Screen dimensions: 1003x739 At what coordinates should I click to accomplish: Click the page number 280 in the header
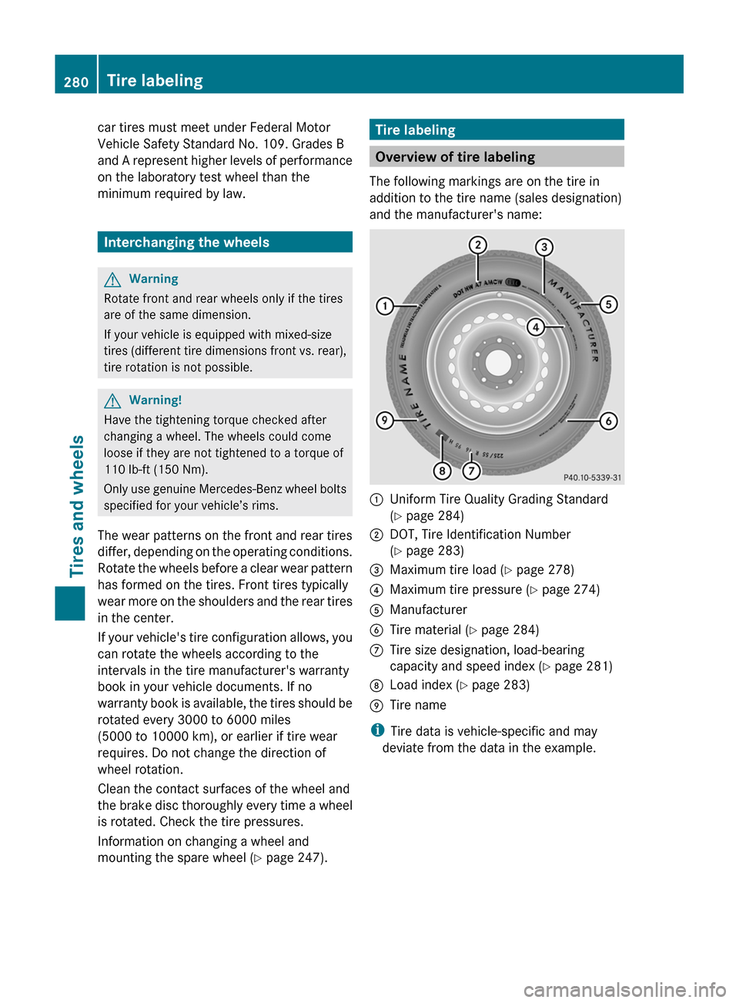tap(76, 82)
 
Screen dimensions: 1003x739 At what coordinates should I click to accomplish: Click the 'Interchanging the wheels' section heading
tap(186, 242)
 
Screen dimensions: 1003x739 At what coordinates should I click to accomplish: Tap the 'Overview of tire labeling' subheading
tap(455, 157)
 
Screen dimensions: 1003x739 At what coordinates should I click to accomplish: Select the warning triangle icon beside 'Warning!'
tap(112, 401)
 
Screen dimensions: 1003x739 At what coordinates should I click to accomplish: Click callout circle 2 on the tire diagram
tap(478, 245)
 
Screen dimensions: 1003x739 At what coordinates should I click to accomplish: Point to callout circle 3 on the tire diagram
tap(544, 247)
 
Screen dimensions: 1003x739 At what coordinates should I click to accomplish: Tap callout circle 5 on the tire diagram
tap(608, 304)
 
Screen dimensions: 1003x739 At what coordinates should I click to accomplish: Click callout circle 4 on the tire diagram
tap(536, 327)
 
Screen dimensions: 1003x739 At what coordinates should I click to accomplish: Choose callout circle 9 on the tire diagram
tap(384, 420)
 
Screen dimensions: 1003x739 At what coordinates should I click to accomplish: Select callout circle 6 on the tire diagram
tap(608, 421)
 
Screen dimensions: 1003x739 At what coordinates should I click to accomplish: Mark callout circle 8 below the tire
tap(442, 470)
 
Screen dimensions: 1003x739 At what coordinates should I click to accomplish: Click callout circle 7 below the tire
tap(471, 470)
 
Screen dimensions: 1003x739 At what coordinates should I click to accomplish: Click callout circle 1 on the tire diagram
tap(384, 307)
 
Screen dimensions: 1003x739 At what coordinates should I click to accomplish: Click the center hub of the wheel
tap(498, 363)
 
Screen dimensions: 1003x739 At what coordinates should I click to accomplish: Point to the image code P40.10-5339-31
tap(592, 478)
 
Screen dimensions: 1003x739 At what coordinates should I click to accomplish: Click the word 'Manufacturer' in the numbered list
tap(428, 609)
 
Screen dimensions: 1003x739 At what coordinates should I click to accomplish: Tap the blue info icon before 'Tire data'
tap(377, 730)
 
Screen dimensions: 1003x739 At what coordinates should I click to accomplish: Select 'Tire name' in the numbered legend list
tap(417, 705)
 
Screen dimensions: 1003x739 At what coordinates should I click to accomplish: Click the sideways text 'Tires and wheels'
tap(77, 505)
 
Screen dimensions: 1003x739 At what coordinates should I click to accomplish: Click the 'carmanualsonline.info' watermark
tap(624, 989)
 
